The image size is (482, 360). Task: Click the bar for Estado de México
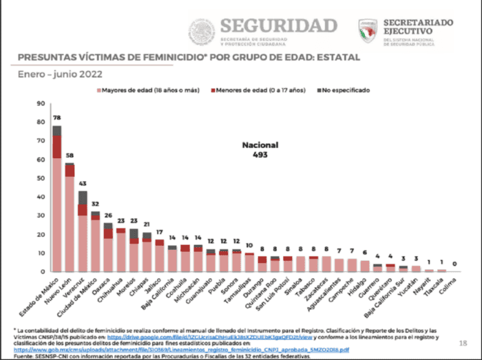pos(56,200)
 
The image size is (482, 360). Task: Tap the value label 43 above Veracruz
pos(83,184)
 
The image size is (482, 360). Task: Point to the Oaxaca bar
pos(108,248)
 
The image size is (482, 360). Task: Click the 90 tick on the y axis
pos(41,104)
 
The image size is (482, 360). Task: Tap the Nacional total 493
pos(259,155)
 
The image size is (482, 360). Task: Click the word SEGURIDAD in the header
pos(278,25)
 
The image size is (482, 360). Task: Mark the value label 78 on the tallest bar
pos(56,118)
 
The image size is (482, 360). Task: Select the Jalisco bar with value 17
pos(160,256)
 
